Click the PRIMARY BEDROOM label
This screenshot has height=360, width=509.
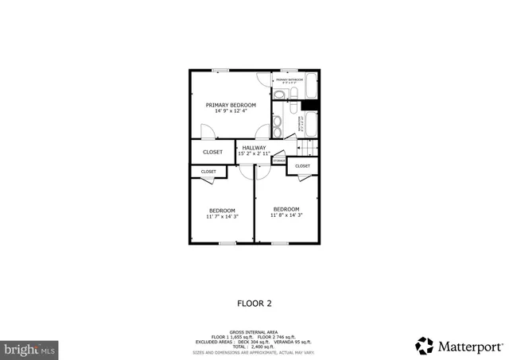pyautogui.click(x=231, y=105)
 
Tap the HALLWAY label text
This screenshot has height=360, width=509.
pyautogui.click(x=254, y=147)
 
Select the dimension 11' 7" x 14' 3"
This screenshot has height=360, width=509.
pyautogui.click(x=222, y=216)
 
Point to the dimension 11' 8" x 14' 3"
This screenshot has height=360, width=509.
pyautogui.click(x=286, y=215)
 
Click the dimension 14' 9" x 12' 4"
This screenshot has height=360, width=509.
pyautogui.click(x=231, y=111)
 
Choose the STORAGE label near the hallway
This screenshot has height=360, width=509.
pyautogui.click(x=278, y=161)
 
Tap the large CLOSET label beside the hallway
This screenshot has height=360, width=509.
pyautogui.click(x=212, y=152)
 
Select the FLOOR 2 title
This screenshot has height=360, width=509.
pyautogui.click(x=254, y=303)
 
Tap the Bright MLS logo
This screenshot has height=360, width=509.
pyautogui.click(x=29, y=348)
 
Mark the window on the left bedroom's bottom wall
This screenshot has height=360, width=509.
pyautogui.click(x=227, y=243)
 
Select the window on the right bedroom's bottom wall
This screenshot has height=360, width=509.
pyautogui.click(x=279, y=243)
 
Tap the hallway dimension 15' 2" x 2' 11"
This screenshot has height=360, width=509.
pyautogui.click(x=254, y=153)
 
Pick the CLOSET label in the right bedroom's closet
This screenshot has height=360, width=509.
pyautogui.click(x=302, y=166)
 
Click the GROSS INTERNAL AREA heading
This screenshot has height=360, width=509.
pyautogui.click(x=254, y=331)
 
